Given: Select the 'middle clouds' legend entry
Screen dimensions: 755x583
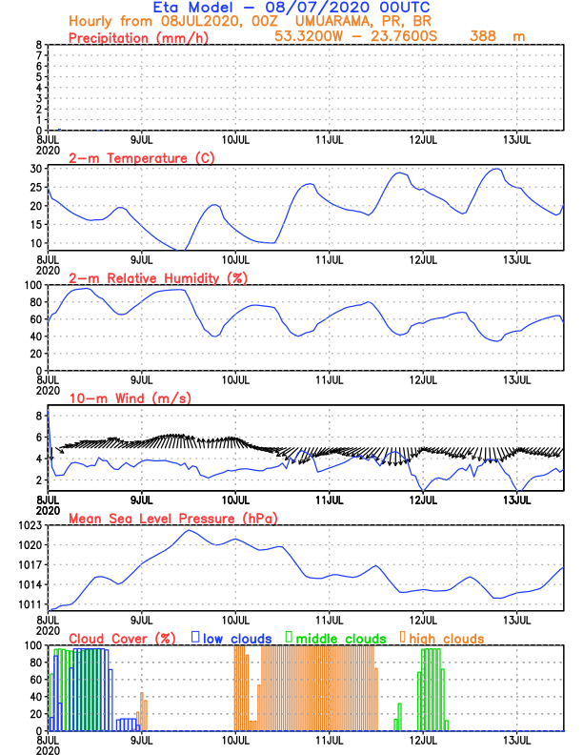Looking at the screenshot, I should (342, 638).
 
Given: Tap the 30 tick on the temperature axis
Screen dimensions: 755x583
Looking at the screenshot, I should (35, 169).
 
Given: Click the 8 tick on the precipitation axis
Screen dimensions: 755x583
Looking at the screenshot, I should (38, 45).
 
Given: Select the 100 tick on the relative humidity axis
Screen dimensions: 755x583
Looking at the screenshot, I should (32, 285).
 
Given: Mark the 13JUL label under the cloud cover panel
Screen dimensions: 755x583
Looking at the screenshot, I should (517, 740).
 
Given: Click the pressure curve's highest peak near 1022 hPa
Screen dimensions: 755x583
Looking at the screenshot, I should (189, 530).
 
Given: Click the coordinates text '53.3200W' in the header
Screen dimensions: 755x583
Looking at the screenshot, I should (307, 36).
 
